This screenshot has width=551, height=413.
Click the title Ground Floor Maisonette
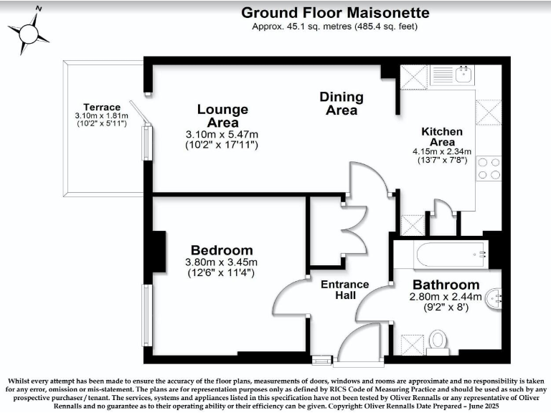[x=335, y=12]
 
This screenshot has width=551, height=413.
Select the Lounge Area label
[x=222, y=116]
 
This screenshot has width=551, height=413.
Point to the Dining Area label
[x=342, y=103]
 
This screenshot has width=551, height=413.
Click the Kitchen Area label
[x=441, y=137]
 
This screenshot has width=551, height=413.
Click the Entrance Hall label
[x=344, y=290]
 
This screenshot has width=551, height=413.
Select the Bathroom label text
[x=446, y=285]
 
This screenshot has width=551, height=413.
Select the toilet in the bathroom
[x=438, y=340]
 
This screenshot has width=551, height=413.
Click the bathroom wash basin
[x=494, y=299]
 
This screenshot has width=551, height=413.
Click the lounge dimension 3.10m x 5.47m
[x=222, y=134]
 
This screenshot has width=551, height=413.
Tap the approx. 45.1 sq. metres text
[x=334, y=27]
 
